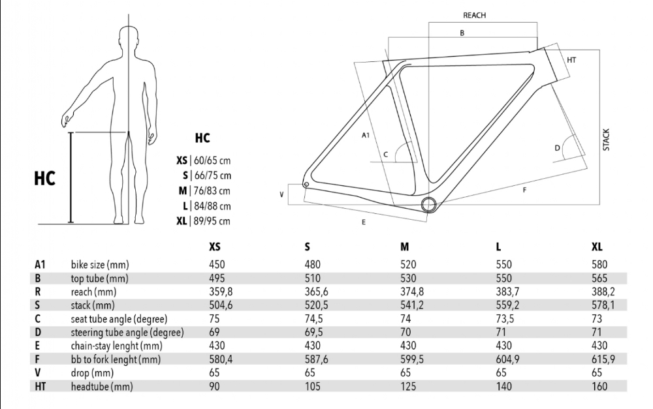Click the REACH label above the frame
pyautogui.click(x=474, y=16)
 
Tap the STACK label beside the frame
pyautogui.click(x=606, y=140)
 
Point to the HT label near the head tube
pyautogui.click(x=571, y=60)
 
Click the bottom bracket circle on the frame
pyautogui.click(x=428, y=205)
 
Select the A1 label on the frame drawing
pyautogui.click(x=365, y=135)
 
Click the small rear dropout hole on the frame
pyautogui.click(x=306, y=185)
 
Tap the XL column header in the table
pyautogui.click(x=597, y=247)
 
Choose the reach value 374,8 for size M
pyautogui.click(x=412, y=292)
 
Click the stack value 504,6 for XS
pyautogui.click(x=221, y=305)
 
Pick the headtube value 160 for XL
pyautogui.click(x=599, y=386)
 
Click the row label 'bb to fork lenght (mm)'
pyautogui.click(x=116, y=359)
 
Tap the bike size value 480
pyautogui.click(x=312, y=265)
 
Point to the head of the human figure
pyautogui.click(x=129, y=40)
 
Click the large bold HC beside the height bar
pyautogui.click(x=44, y=178)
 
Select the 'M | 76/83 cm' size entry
pyautogui.click(x=204, y=190)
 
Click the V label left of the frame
pyautogui.click(x=281, y=194)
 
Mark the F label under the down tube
pyautogui.click(x=524, y=190)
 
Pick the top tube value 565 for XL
pyautogui.click(x=599, y=278)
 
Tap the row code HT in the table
pyautogui.click(x=40, y=386)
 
